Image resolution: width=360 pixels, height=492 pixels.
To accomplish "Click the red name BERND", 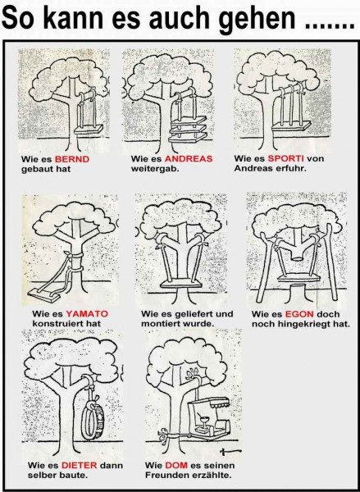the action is click(72, 159).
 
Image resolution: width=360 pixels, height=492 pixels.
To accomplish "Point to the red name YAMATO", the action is click(87, 314).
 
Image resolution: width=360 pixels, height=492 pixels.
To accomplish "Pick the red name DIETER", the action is click(79, 465).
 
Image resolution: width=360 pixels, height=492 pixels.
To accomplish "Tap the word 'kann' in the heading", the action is click(71, 19).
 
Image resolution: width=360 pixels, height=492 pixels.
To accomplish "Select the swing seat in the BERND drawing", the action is click(89, 129).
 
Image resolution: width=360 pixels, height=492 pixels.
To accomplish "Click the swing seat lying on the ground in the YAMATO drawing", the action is click(44, 294).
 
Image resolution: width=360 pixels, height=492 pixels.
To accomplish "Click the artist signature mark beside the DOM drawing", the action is click(230, 452).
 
